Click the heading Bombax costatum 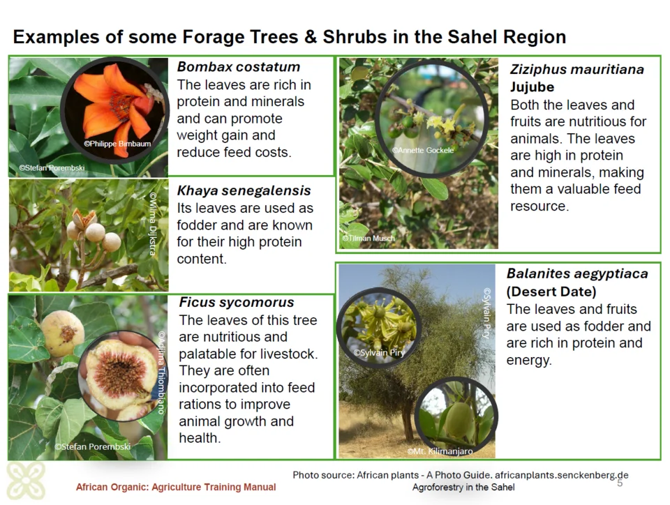click(x=239, y=67)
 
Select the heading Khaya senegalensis click(x=244, y=191)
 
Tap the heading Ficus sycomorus click(x=237, y=302)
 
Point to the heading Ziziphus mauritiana click(x=577, y=70)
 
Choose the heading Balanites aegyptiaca click(x=577, y=273)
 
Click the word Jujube click(x=532, y=87)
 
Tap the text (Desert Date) click(x=551, y=292)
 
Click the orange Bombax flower click(x=115, y=107)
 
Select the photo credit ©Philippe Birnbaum click(x=117, y=144)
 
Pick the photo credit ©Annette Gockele click(x=423, y=150)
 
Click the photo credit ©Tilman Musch click(x=368, y=238)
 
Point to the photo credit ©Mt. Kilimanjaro click(x=440, y=451)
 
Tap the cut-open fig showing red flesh click(x=121, y=376)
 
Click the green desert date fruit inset click(x=456, y=416)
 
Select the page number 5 click(x=620, y=483)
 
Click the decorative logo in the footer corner click(x=26, y=481)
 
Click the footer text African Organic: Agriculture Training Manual click(x=176, y=487)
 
